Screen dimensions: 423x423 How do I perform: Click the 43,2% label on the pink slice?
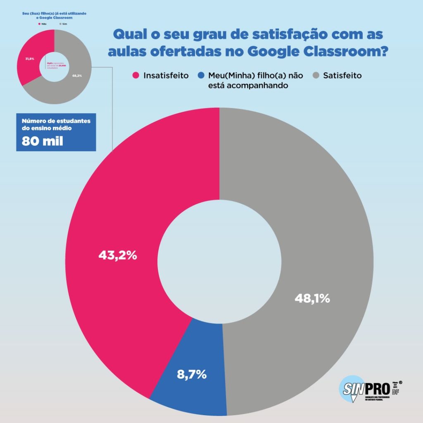click(117, 256)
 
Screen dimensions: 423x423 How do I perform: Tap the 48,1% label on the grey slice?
click(312, 298)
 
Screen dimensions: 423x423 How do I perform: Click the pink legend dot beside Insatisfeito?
click(135, 76)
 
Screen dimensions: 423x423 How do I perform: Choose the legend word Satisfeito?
click(343, 76)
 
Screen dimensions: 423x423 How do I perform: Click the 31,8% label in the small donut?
click(29, 59)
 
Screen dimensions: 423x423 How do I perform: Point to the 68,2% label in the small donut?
click(77, 76)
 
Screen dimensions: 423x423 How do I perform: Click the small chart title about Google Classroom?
click(54, 16)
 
